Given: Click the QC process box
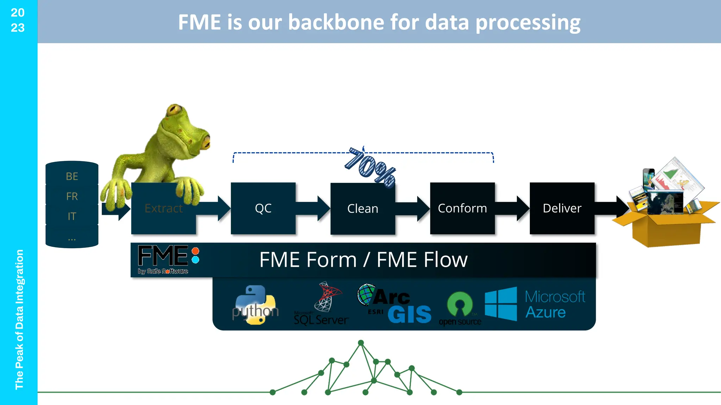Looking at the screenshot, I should coord(263,208).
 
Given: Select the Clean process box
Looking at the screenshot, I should coord(363,208).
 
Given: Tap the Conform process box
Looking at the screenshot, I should coord(462,208).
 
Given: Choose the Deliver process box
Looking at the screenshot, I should coord(562,208).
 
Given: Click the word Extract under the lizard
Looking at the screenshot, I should coord(164,208).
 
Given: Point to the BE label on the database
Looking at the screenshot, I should coord(72,176).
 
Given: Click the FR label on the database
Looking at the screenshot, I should coord(72,196).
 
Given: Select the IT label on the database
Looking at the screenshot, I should coord(72,216).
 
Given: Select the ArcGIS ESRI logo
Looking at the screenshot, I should coord(394,304).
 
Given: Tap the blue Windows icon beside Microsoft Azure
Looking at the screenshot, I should coord(501,304).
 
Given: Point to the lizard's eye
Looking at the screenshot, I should coord(174,110).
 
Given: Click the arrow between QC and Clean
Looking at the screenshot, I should coord(313,208).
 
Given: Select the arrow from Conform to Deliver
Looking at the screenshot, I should coord(513,208).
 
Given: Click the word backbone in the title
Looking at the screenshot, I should coord(336,22).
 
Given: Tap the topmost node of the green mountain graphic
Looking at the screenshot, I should coord(361,343).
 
